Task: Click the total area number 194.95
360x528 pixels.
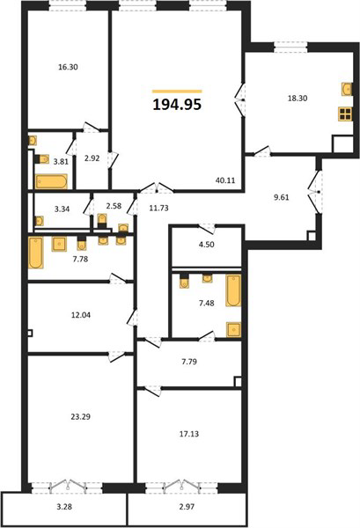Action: point(177,105)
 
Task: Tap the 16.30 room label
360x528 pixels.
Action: point(68,67)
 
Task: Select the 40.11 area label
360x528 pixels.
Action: point(225,180)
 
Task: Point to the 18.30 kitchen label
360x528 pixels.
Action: point(298,99)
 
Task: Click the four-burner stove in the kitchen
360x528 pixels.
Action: point(346,114)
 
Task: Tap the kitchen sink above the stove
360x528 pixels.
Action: point(347,89)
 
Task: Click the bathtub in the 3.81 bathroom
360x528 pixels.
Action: point(52,181)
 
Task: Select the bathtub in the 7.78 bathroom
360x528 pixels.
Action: point(36,253)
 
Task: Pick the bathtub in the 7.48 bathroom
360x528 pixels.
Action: point(233,291)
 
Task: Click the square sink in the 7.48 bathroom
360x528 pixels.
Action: point(234,329)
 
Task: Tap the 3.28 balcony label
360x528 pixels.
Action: point(64,506)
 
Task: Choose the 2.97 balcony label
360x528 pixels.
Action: point(187,506)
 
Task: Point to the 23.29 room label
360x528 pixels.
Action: point(80,416)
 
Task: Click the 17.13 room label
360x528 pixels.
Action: point(189,434)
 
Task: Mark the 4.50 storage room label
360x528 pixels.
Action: point(207,245)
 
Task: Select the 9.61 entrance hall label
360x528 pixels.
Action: point(281,197)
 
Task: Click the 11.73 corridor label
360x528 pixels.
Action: point(159,208)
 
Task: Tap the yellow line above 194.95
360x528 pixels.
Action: point(177,91)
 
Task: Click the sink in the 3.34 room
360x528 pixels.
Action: point(39,221)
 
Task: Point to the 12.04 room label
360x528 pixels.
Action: point(81,315)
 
